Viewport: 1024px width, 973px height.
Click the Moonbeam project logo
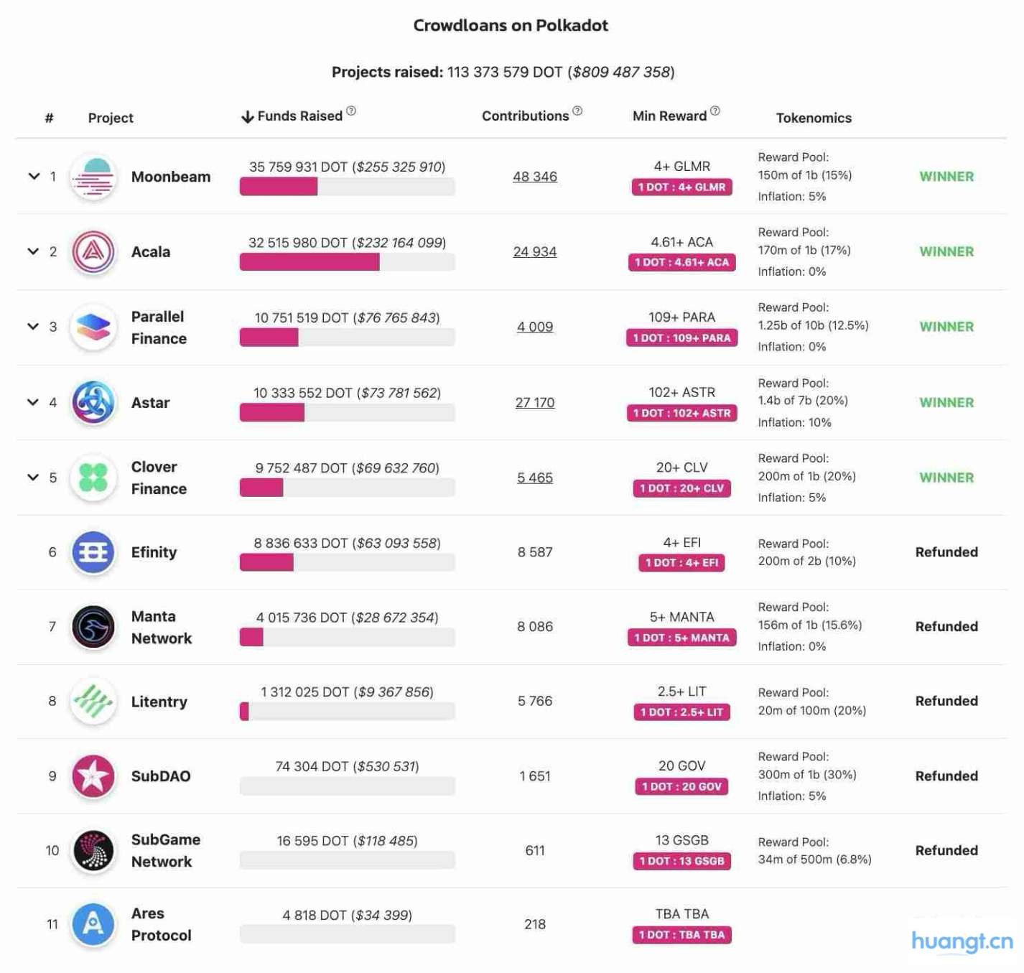coord(93,177)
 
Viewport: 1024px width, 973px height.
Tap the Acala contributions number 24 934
coord(534,252)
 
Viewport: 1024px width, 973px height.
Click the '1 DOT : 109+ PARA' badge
coord(681,338)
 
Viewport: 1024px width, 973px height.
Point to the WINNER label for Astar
coord(946,403)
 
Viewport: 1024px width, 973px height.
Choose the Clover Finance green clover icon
coord(93,478)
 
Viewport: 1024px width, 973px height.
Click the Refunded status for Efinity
coord(946,552)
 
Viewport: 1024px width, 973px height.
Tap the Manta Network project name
coord(162,627)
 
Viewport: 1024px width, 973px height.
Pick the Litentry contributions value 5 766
coord(534,701)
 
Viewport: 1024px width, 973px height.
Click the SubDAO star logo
coord(93,776)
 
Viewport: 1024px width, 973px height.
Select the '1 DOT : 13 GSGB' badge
coord(681,861)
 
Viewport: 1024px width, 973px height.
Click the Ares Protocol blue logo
coord(93,924)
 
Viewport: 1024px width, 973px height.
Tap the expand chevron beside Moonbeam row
coord(34,176)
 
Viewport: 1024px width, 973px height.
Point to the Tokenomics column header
coord(813,118)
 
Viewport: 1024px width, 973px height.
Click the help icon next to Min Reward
coord(715,111)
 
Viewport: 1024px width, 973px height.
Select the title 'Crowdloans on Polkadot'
coord(511,26)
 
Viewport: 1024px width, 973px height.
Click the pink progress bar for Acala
coord(309,262)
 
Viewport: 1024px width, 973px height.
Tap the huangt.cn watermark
coord(962,941)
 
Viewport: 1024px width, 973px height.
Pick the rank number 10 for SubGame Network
coord(52,851)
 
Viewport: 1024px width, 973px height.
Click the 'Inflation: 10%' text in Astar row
coord(794,423)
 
